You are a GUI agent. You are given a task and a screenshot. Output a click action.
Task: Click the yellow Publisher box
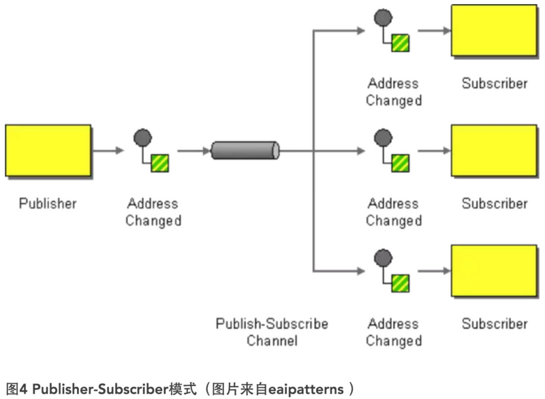click(48, 150)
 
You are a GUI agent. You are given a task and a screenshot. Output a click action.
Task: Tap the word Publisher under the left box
click(48, 204)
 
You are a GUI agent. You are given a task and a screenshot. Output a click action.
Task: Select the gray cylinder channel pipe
click(245, 150)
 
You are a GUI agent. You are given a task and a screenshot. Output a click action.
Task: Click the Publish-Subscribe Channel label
click(272, 332)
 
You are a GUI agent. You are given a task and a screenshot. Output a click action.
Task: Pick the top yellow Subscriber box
click(495, 30)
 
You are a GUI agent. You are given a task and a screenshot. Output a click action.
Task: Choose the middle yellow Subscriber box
click(495, 150)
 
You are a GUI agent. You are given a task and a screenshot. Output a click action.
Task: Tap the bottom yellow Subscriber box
click(495, 271)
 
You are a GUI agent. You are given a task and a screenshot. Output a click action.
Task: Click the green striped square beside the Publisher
click(160, 163)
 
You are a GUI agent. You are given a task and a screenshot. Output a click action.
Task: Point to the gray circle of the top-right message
click(383, 18)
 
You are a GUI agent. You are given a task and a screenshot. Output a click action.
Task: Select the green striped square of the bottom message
click(401, 283)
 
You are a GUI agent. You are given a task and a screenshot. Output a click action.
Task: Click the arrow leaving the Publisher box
click(108, 150)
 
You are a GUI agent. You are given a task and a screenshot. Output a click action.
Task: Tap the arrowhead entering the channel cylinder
click(207, 150)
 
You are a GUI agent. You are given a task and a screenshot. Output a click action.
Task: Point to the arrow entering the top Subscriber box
click(434, 31)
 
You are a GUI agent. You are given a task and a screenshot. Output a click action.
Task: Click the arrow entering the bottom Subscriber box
click(434, 271)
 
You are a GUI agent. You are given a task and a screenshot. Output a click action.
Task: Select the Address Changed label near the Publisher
click(153, 212)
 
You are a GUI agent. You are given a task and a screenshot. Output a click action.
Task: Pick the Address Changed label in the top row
click(394, 92)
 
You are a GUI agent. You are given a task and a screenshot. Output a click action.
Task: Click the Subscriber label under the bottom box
click(495, 323)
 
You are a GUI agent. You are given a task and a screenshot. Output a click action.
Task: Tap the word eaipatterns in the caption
click(306, 389)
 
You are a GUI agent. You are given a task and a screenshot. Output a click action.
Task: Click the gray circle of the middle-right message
click(383, 138)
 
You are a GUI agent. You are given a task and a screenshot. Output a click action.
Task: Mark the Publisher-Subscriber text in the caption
click(100, 389)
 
